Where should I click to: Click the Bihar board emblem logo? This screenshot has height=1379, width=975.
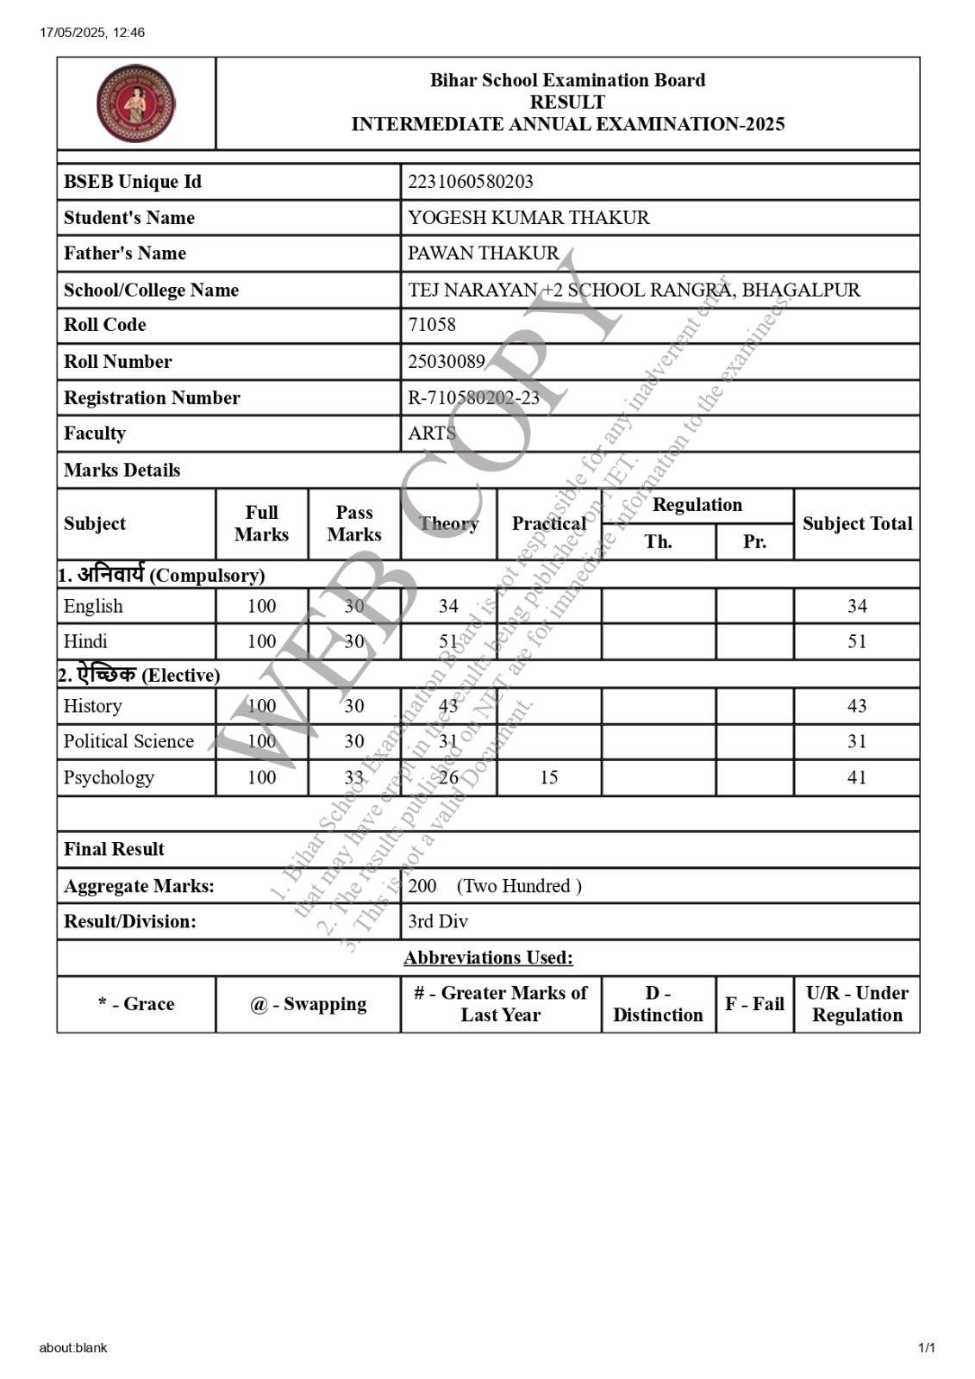point(135,103)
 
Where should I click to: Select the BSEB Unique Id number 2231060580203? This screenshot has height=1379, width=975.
point(470,182)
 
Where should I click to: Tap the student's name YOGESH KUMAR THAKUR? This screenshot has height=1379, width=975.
point(528,218)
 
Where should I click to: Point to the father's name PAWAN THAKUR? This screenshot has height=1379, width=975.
point(483,253)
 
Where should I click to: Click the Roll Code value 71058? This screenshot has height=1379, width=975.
point(431,325)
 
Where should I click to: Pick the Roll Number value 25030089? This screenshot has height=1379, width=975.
point(446,361)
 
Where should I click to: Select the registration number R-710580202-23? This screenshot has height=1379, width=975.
point(473,397)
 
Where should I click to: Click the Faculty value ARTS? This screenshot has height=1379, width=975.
point(431,434)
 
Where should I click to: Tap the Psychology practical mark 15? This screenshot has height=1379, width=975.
point(548,777)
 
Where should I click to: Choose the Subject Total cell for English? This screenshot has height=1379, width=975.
point(856,606)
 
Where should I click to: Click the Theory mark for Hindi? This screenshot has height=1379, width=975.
point(448,641)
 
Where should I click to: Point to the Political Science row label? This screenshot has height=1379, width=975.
point(128,741)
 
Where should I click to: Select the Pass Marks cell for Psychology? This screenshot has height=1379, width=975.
point(353,777)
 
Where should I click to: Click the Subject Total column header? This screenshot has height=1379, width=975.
point(856,523)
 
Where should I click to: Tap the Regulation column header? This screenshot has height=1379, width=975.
point(697,505)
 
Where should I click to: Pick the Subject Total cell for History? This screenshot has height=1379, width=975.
point(856,706)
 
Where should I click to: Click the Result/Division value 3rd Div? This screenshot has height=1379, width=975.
point(437,921)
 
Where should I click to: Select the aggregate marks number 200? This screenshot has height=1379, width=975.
point(422,886)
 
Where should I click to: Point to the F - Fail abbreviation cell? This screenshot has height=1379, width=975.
point(754,1004)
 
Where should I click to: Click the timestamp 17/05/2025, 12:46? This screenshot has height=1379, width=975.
point(92,33)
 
